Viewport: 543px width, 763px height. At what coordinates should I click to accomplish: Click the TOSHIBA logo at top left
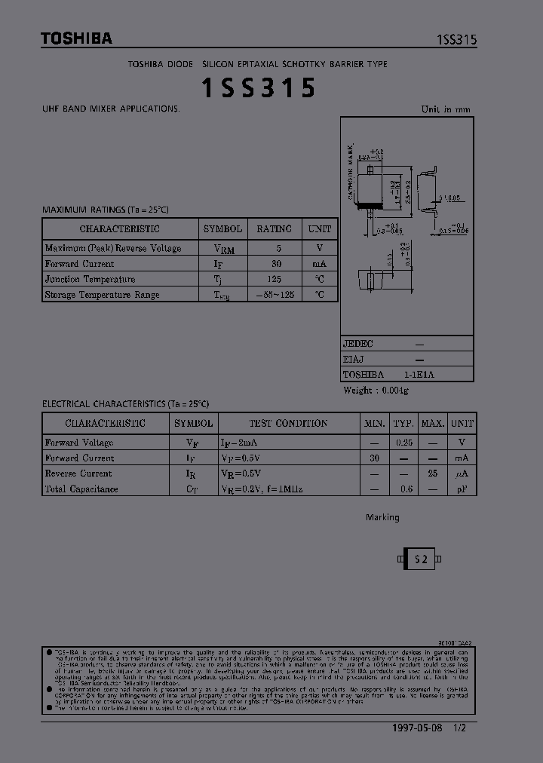tap(76, 38)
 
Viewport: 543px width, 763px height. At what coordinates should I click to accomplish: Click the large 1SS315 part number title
tap(258, 89)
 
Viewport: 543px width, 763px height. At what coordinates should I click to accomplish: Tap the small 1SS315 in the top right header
tap(456, 41)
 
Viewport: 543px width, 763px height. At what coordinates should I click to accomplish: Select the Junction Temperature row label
tap(90, 279)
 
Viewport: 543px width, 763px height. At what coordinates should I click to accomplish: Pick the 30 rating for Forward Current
tap(276, 264)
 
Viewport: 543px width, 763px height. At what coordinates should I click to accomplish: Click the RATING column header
tap(274, 229)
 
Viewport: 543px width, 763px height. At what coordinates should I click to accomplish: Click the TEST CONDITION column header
tap(288, 423)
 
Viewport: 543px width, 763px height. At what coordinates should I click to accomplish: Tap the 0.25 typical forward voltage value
tap(404, 443)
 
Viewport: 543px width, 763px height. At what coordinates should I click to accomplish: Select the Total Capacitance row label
tap(81, 489)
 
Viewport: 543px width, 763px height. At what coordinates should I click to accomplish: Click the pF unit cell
tap(462, 489)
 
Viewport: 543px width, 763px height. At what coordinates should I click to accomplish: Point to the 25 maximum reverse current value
tap(433, 473)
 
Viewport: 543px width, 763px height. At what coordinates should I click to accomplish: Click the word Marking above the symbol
tap(382, 518)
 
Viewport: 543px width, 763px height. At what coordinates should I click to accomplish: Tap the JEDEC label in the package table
tap(358, 343)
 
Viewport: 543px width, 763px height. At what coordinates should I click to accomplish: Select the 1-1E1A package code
tap(419, 374)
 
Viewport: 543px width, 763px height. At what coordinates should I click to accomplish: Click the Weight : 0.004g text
tap(376, 390)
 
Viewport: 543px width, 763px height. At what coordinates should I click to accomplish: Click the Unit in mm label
tap(445, 109)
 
